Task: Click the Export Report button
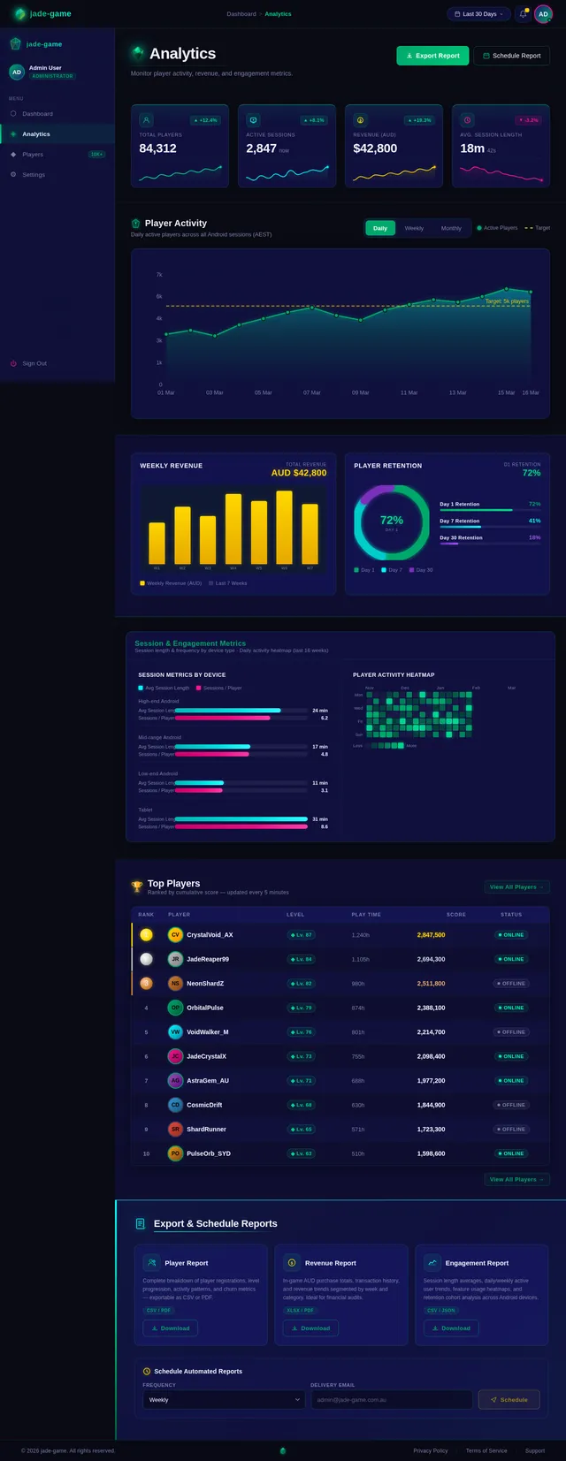coord(432,56)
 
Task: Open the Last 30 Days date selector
coord(478,14)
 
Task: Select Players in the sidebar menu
coord(33,155)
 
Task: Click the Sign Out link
coord(34,363)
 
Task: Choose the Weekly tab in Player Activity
coord(414,228)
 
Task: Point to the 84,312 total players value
coord(157,148)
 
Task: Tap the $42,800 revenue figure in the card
coord(375,148)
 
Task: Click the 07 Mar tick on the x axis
coord(312,392)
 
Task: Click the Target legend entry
coord(538,228)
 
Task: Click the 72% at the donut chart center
coord(392,521)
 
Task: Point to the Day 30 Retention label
coord(461,537)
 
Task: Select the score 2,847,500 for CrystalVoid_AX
coord(431,935)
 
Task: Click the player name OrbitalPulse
coord(205,1008)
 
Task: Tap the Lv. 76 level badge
coord(302,1032)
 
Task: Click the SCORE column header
coord(455,915)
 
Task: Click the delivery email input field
coord(391,1400)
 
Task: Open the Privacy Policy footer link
coord(430,1450)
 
